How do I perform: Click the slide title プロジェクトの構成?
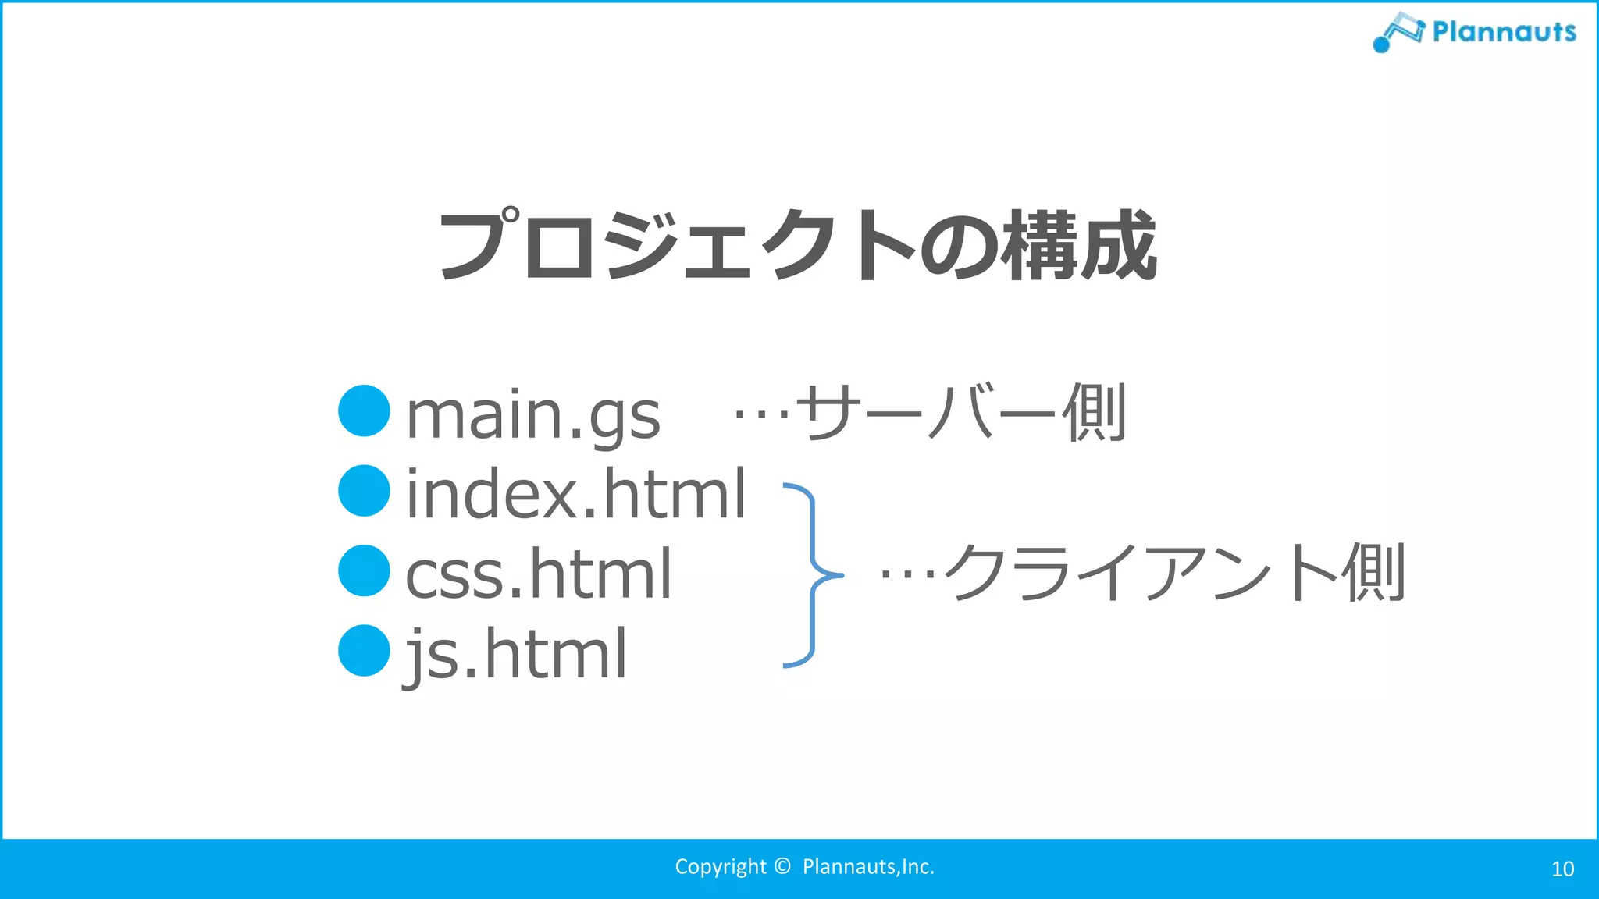[798, 245]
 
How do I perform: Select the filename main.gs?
[533, 415]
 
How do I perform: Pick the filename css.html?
[538, 574]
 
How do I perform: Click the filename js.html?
[515, 654]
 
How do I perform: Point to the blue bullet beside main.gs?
[364, 410]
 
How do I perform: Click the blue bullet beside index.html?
[364, 491]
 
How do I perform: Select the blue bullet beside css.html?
[364, 570]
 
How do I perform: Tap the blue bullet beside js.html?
[364, 650]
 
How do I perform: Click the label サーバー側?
[960, 412]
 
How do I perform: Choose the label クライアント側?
[1175, 573]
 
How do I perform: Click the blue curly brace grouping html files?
[813, 575]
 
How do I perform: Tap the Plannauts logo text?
[1504, 32]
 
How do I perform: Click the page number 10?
[1562, 869]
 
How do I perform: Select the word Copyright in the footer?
[720, 867]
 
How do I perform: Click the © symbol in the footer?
[782, 866]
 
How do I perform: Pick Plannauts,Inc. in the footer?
[868, 867]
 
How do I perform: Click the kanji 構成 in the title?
[1080, 245]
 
